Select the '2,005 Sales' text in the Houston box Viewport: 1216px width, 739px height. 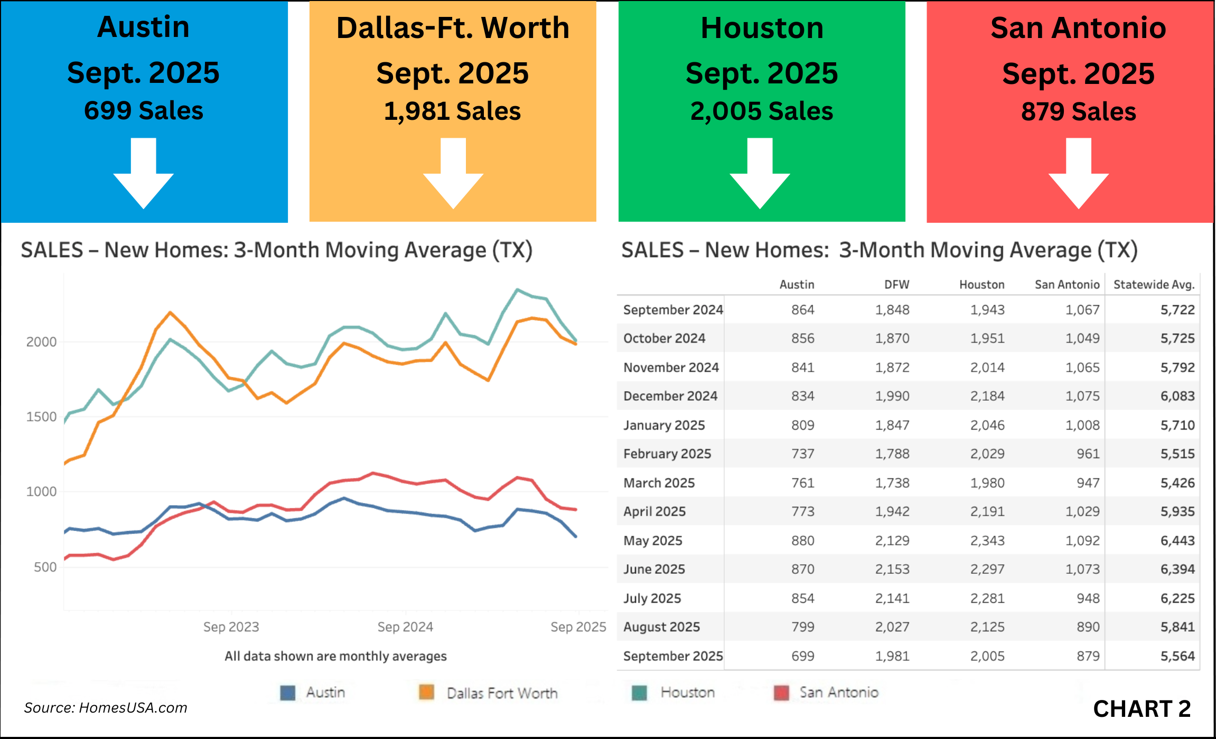[x=761, y=111]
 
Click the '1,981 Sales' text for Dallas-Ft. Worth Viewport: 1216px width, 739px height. [x=452, y=111]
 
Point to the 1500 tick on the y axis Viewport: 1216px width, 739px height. [x=41, y=416]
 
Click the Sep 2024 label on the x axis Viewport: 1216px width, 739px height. [x=405, y=627]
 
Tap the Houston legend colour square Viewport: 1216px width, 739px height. [x=639, y=693]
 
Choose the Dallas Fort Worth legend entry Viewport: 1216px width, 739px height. [x=501, y=693]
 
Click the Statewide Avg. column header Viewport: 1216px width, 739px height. [x=1154, y=285]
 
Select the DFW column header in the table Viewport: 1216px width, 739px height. [x=896, y=285]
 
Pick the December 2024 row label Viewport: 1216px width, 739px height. [x=670, y=396]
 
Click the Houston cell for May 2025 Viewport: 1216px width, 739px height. [x=987, y=541]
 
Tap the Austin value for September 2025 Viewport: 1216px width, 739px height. [x=802, y=656]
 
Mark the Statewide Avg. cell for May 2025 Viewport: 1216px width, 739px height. [x=1177, y=541]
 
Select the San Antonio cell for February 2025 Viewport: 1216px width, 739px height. [x=1088, y=454]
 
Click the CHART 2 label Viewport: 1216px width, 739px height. [x=1142, y=709]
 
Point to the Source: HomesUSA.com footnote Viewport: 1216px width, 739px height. [x=106, y=708]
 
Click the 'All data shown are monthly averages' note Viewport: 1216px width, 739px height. [x=335, y=656]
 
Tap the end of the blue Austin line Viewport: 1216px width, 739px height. [x=576, y=536]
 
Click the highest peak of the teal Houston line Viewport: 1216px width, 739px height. [x=517, y=290]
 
